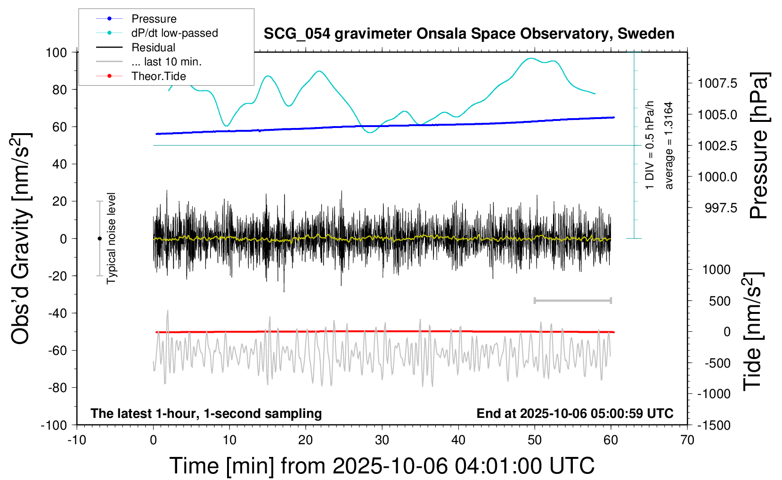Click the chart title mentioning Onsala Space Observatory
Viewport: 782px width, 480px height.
coord(469,34)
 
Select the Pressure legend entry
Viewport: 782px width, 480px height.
coord(154,19)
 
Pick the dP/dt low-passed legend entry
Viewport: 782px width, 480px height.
coord(174,33)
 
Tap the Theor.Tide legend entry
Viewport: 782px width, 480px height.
coord(158,76)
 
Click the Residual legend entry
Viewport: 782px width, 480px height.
coord(153,48)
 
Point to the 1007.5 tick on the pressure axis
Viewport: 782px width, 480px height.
coord(717,83)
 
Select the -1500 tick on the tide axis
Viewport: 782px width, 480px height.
coord(714,425)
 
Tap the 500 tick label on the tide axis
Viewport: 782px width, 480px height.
coord(719,301)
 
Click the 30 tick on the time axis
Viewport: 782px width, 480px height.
coord(382,440)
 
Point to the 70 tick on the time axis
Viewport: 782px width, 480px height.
coord(687,440)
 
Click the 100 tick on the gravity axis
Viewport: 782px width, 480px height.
coord(56,52)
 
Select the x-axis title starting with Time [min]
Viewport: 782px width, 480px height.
coord(382,466)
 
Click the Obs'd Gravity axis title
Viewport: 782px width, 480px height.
coord(21,238)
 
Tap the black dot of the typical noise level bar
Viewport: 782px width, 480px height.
coord(99,239)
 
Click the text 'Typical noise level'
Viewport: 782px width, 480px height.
coord(111,238)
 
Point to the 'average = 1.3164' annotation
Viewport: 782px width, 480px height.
coord(668,145)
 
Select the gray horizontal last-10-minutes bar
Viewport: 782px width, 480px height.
coord(572,300)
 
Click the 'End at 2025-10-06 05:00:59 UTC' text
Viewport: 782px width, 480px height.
coord(575,413)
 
